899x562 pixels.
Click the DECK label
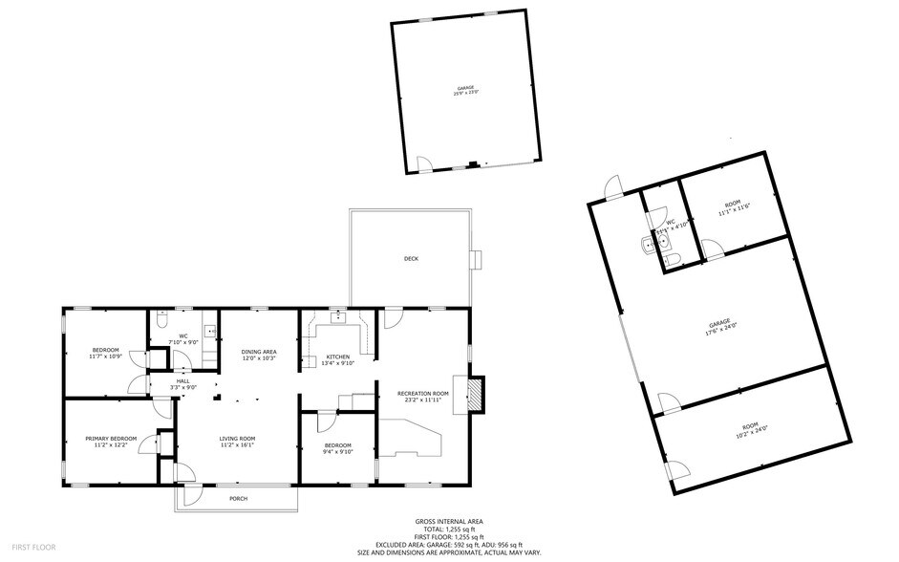coord(411,259)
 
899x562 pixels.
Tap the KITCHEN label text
coord(338,356)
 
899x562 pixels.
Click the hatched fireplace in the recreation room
coord(475,394)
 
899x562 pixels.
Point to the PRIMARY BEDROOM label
coord(111,439)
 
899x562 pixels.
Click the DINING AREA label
coord(258,352)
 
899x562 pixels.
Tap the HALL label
coord(182,380)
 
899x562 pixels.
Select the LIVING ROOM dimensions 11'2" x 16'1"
coord(237,444)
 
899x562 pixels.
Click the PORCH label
coord(238,499)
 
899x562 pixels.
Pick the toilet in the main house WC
coord(160,325)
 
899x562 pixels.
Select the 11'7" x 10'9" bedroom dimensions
coord(105,357)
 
